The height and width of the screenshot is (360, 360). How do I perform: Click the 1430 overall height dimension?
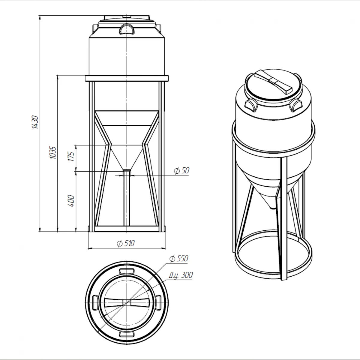(35, 122)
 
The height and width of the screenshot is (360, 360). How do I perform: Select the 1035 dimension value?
(53, 153)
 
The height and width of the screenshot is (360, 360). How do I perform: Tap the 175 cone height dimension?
(71, 157)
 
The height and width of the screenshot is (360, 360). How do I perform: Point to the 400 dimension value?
(71, 201)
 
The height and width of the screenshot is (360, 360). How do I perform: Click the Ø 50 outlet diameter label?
(181, 171)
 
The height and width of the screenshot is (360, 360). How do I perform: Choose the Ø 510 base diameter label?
(126, 243)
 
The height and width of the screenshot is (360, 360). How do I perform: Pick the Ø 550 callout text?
(179, 259)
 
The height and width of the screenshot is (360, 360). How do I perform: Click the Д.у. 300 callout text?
(181, 275)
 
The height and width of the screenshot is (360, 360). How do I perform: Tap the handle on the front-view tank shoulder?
(127, 29)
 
